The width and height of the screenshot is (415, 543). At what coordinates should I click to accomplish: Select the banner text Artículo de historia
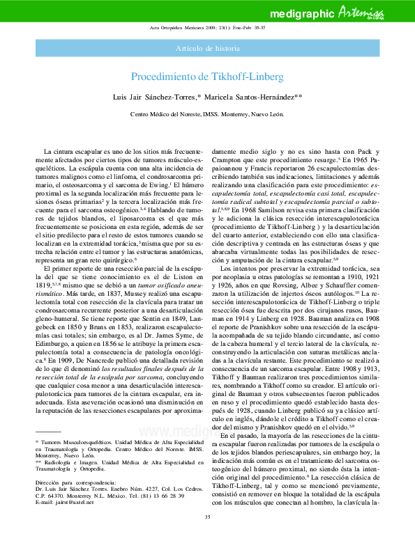[x=208, y=48]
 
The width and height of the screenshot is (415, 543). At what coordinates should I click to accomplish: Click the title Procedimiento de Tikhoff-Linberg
[x=207, y=77]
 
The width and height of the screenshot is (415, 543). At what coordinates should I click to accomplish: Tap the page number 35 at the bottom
[x=207, y=535]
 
